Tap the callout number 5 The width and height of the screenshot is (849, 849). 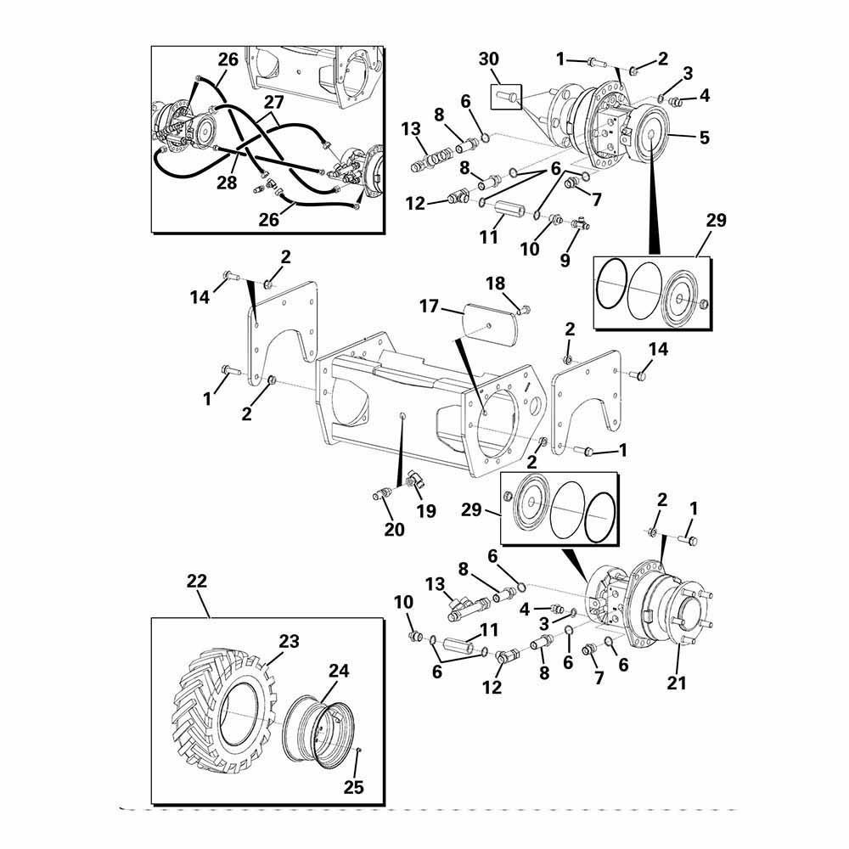pyautogui.click(x=703, y=137)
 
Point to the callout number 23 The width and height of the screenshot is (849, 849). pyautogui.click(x=289, y=642)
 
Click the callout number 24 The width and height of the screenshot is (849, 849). pyautogui.click(x=339, y=671)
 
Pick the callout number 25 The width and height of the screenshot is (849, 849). pyautogui.click(x=353, y=787)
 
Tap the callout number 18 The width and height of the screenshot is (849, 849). pyautogui.click(x=495, y=282)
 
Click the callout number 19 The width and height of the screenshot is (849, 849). pyautogui.click(x=425, y=511)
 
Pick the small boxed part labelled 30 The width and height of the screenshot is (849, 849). pyautogui.click(x=506, y=97)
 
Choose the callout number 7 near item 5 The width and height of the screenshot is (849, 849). pyautogui.click(x=596, y=200)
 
